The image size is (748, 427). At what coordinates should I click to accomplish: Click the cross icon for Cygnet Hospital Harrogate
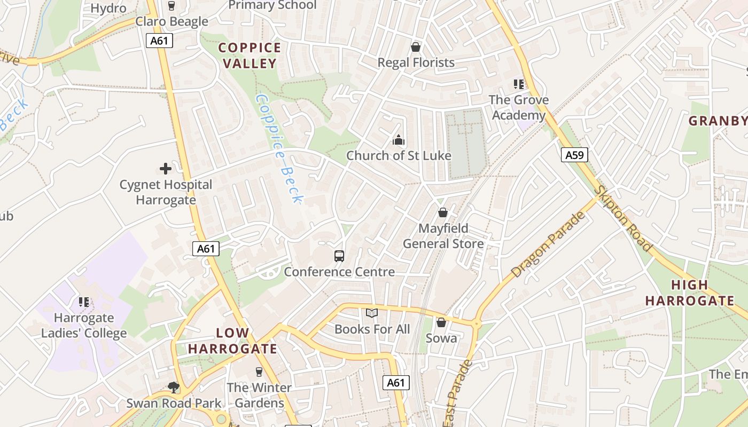click(166, 169)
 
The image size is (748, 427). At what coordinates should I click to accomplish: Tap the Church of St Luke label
click(399, 156)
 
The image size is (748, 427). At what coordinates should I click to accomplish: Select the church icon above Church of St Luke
click(399, 140)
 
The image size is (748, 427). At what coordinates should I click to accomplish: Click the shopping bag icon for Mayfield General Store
click(443, 213)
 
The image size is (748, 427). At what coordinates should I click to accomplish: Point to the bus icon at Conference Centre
click(339, 256)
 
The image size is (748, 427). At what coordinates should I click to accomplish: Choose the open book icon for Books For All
click(372, 313)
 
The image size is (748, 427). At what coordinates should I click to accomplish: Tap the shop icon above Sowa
click(441, 322)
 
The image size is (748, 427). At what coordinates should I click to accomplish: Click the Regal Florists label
click(416, 62)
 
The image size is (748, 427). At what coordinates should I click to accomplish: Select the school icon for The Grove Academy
click(518, 84)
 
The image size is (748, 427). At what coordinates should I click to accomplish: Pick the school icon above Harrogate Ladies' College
click(84, 303)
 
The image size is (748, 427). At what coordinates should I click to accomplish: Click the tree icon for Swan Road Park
click(173, 387)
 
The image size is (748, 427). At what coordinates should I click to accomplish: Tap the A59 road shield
click(575, 155)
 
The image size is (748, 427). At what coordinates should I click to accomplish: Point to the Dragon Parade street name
click(548, 245)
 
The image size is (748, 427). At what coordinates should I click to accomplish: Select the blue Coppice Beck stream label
click(279, 149)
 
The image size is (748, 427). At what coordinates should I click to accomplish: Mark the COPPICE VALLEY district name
click(250, 56)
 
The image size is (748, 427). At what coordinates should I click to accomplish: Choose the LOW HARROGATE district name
click(232, 341)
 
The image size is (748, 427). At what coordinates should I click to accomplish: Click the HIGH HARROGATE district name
click(689, 292)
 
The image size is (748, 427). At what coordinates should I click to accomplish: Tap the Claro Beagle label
click(172, 22)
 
